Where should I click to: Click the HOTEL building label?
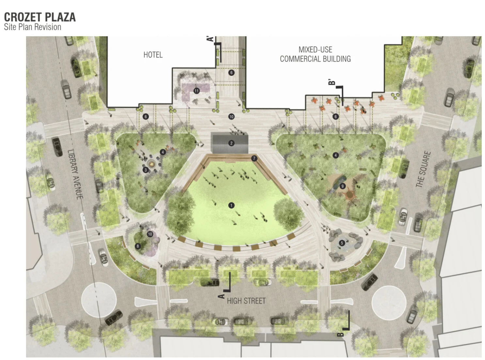point(153,55)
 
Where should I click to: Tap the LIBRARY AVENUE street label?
point(75,174)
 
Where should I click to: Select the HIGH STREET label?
point(246,301)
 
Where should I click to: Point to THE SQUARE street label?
point(423,169)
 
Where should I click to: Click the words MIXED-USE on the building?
point(315,50)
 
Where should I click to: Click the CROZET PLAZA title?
point(40,17)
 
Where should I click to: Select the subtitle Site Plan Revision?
point(32,27)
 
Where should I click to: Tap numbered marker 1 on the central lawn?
point(231,205)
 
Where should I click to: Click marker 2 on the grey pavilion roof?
point(231,143)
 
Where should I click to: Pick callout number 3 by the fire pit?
point(146,170)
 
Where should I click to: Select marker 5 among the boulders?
point(342,243)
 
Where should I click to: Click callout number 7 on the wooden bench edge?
point(254,158)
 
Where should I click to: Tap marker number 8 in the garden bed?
point(138,246)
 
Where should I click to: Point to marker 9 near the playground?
point(342,186)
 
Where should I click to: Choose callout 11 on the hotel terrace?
point(196,91)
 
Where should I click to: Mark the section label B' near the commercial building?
point(332,82)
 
